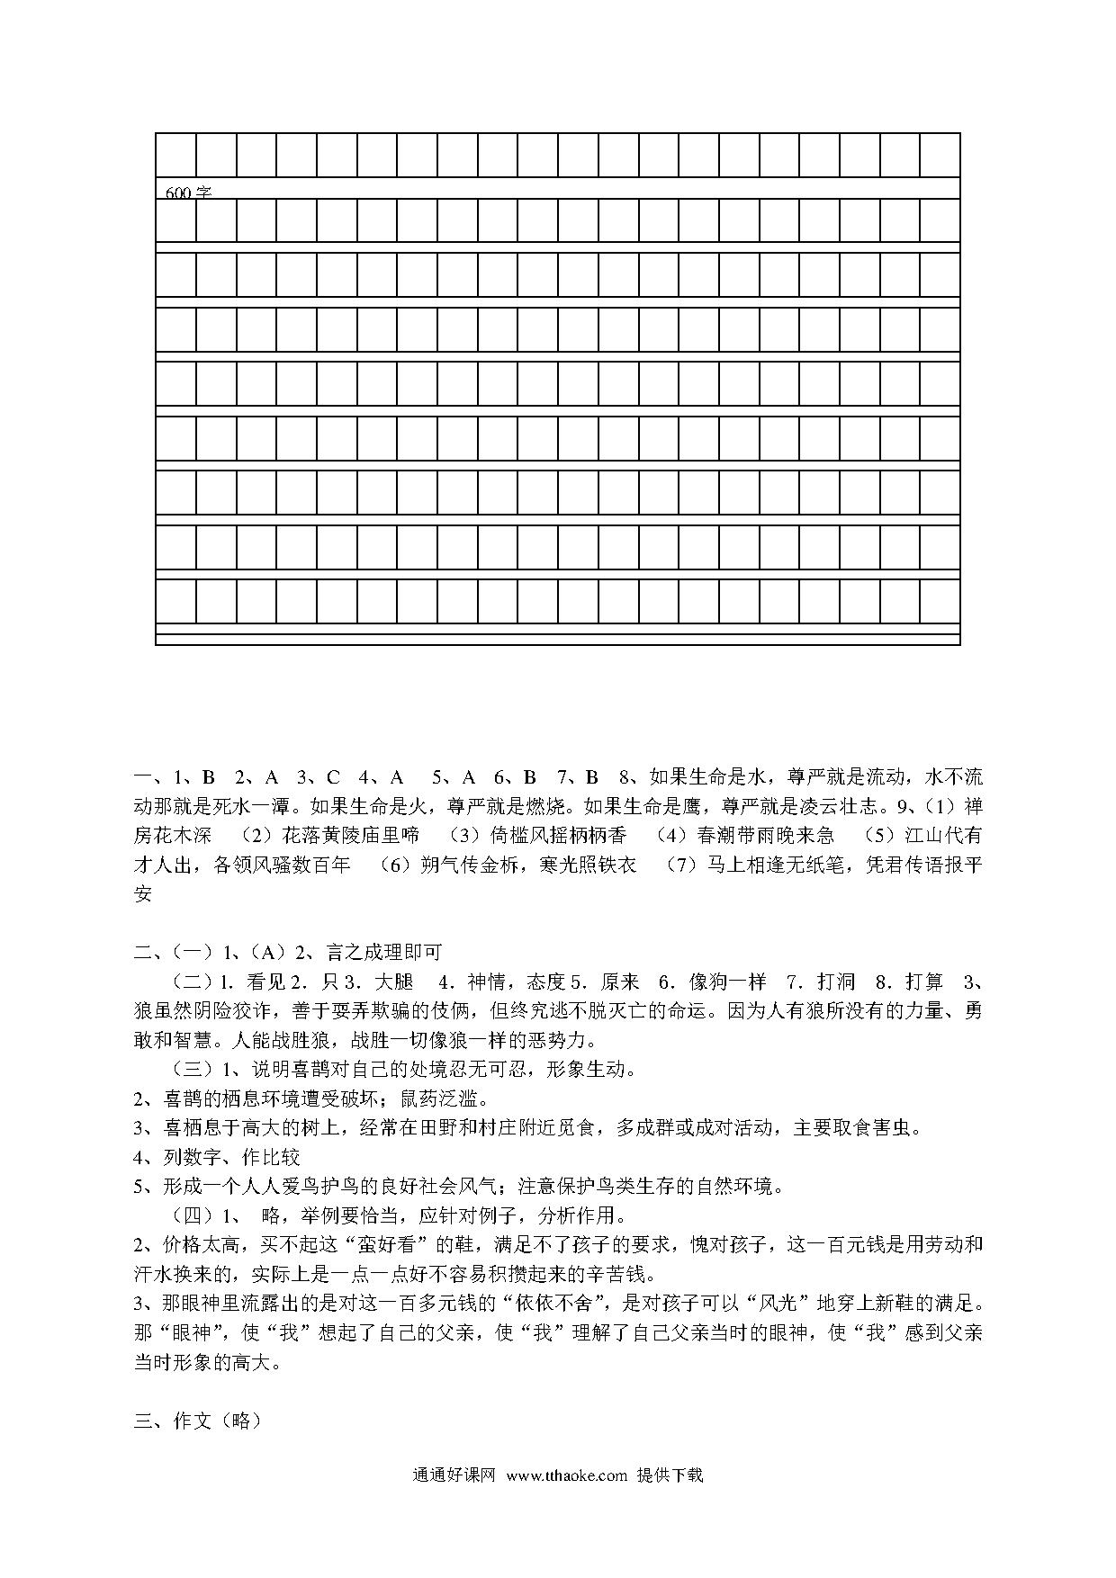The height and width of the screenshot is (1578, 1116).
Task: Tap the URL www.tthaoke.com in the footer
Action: (x=566, y=1475)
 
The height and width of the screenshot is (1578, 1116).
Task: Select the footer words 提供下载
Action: (x=670, y=1475)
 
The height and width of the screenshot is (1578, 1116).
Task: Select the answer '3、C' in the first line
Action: (x=319, y=776)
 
